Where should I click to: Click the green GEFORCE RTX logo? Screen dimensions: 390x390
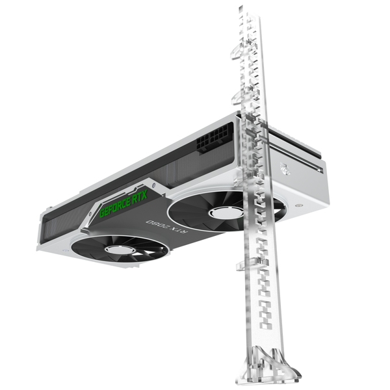tap(123, 204)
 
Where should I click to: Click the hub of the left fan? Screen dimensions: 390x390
tap(120, 249)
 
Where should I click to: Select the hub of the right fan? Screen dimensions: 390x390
tap(226, 212)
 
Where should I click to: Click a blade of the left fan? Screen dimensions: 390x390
tap(97, 244)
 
